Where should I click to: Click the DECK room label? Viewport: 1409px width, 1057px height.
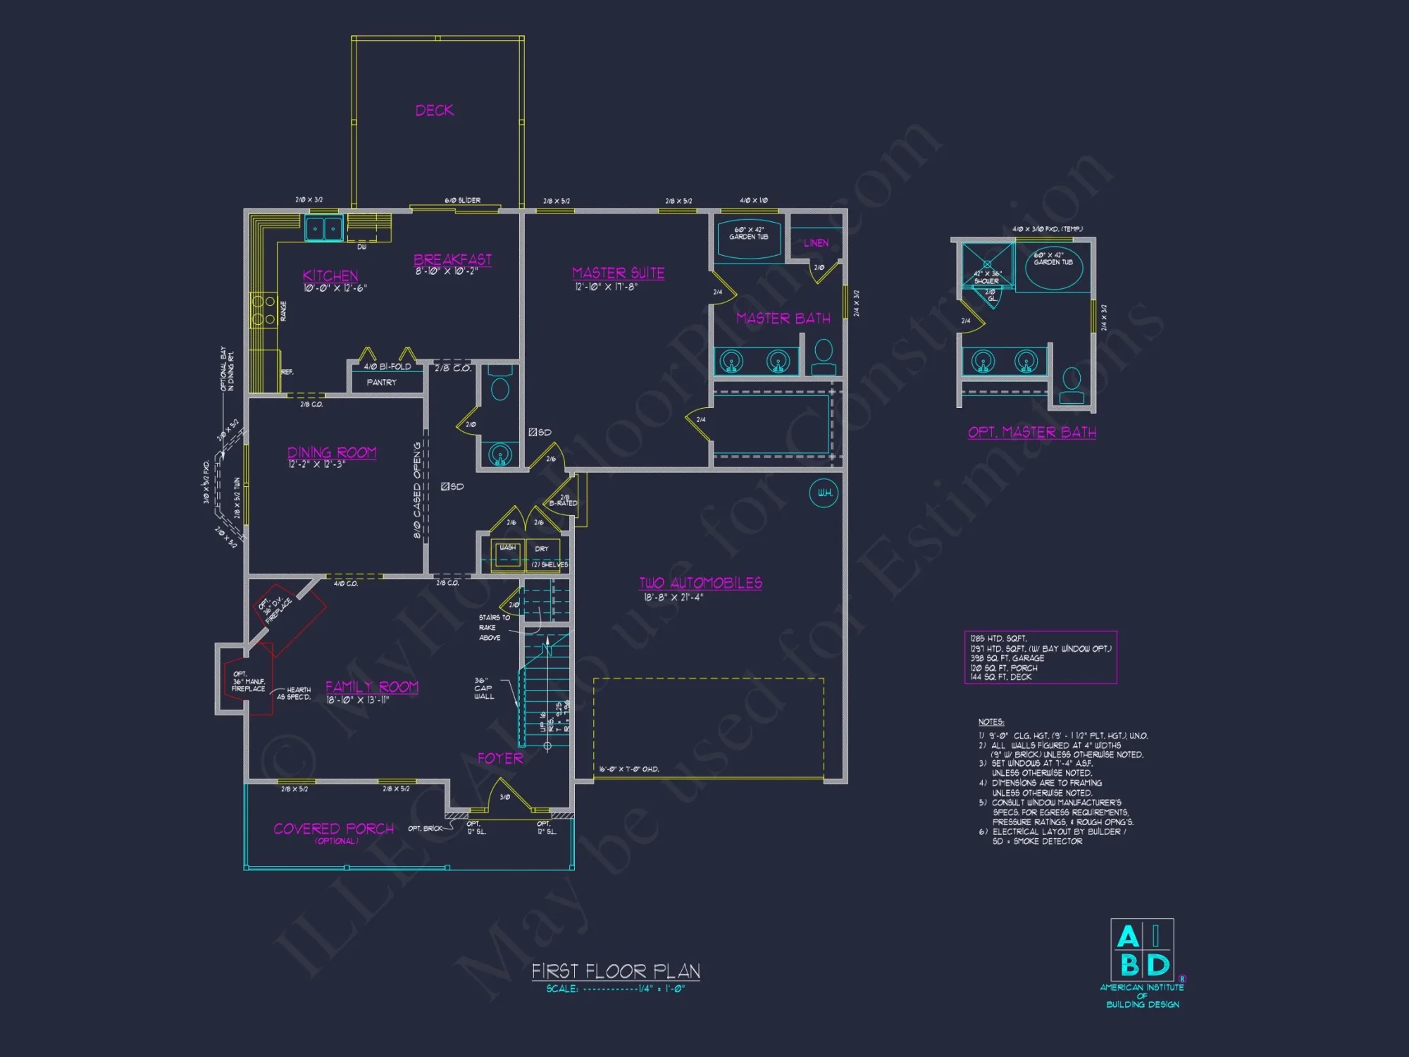coord(434,111)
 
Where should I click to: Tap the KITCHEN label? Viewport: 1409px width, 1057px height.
coord(330,276)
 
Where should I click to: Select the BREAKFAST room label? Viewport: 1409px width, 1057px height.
coord(452,259)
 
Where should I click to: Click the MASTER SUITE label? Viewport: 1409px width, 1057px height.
coord(618,273)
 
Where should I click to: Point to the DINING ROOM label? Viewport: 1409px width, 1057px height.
coord(332,452)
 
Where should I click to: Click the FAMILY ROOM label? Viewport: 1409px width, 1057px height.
coord(371,686)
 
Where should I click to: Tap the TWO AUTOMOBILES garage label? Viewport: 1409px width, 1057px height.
coord(700,583)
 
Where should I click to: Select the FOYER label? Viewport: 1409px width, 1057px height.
coord(500,758)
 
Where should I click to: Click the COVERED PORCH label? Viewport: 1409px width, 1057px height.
coord(333,829)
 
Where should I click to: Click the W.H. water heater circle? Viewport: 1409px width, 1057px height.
coord(824,493)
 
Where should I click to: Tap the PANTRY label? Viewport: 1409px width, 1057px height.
coord(381,382)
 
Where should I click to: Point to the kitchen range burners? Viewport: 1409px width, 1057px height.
coord(263,311)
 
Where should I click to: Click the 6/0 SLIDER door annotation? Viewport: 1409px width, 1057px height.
coord(462,200)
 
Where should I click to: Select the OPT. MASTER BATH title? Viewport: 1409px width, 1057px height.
coord(1031,432)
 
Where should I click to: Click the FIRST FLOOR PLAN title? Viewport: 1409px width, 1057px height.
coord(616,971)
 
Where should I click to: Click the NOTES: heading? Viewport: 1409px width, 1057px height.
coord(991,722)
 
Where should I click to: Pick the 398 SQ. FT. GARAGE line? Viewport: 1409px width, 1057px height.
coord(1007,658)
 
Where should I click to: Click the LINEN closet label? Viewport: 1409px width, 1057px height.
coord(816,243)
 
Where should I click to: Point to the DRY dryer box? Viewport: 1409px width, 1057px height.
coord(541,549)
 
